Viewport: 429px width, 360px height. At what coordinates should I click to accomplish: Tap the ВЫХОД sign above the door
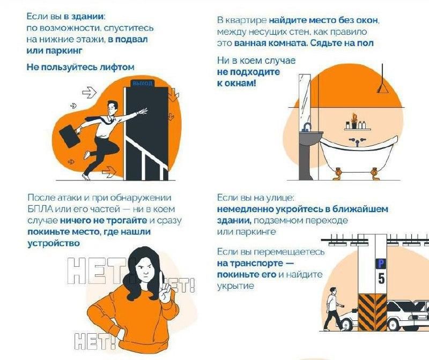(x=142, y=84)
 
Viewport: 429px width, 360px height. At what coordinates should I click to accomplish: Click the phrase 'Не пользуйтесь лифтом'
(x=80, y=67)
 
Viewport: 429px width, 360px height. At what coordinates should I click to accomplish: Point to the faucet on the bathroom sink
(x=307, y=127)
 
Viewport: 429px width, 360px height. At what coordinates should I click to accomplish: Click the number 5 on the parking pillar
(x=381, y=278)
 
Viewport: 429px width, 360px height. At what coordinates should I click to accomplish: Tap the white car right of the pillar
(x=408, y=313)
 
